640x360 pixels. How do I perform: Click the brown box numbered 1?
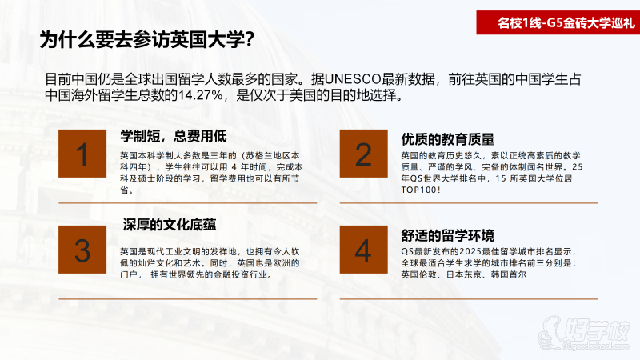(x=82, y=154)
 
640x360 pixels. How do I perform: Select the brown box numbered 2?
(x=364, y=154)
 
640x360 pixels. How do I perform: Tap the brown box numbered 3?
(x=82, y=250)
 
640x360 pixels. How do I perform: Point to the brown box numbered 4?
(x=364, y=250)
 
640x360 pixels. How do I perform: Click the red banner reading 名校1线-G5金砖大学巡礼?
(x=558, y=22)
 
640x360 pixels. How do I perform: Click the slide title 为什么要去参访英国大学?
(x=147, y=40)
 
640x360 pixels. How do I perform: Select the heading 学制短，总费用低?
(x=174, y=136)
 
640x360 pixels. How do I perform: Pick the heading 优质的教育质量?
(x=448, y=139)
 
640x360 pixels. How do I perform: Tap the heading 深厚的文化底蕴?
(x=170, y=225)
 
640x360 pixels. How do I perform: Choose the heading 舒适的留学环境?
(x=448, y=235)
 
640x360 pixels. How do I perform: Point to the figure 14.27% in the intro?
(x=201, y=95)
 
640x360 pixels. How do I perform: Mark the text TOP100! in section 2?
(x=421, y=190)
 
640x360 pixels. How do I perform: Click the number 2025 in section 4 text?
(x=470, y=251)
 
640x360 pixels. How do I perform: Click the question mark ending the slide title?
(x=250, y=40)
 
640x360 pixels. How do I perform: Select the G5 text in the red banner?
(x=554, y=22)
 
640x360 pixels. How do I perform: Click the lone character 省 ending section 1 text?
(x=124, y=190)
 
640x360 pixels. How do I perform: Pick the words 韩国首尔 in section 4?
(x=509, y=274)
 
